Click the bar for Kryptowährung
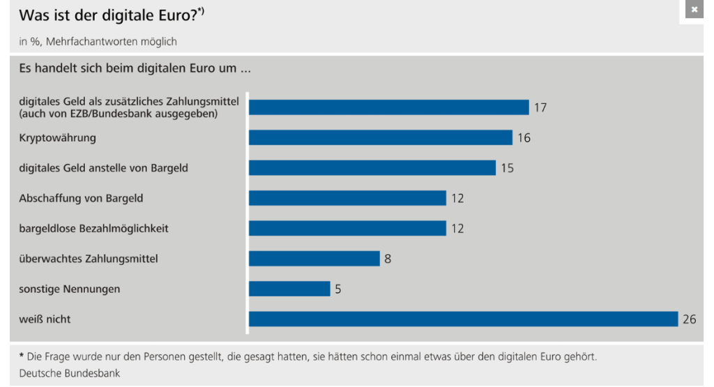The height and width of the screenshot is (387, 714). point(380,137)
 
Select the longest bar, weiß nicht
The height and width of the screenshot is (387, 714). point(463,319)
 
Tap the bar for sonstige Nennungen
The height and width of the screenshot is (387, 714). point(289,289)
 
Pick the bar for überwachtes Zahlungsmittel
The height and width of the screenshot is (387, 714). point(314,259)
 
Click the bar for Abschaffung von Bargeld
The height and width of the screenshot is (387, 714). point(347,198)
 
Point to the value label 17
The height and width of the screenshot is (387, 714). point(540,107)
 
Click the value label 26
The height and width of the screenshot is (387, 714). point(690,319)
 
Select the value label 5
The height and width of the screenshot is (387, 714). point(338,289)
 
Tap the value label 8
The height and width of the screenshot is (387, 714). point(388,259)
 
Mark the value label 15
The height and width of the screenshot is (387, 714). point(508,168)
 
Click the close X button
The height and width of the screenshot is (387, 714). point(694,10)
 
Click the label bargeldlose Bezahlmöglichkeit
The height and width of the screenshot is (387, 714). point(93,228)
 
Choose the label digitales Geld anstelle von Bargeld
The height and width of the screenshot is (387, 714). point(103,168)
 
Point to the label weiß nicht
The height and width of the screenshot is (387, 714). point(45,319)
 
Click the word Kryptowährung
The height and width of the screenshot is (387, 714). point(57,137)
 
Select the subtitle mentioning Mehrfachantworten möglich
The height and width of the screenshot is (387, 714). point(98,41)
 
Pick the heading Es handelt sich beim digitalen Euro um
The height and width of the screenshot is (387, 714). point(134,69)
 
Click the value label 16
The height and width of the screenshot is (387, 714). point(524,138)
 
